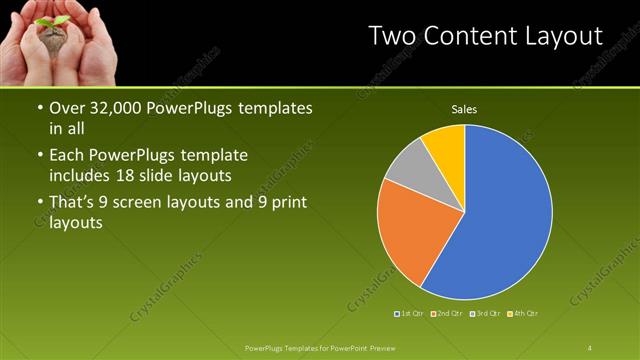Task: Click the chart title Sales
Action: (464, 108)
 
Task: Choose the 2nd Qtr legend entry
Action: (447, 314)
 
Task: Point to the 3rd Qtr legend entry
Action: (486, 314)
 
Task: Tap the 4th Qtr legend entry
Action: (523, 314)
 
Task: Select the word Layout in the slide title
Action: (564, 37)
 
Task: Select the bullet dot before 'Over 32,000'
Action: (39, 108)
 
